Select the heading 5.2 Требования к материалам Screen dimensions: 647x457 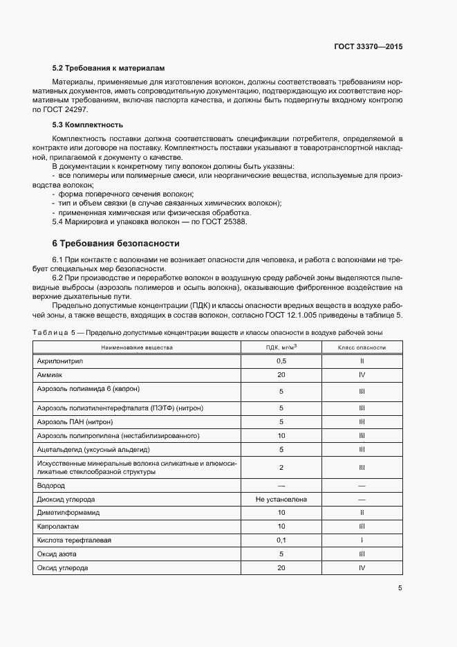click(110, 69)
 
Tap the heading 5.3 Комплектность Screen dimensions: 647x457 click(88, 125)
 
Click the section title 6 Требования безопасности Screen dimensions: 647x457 click(116, 244)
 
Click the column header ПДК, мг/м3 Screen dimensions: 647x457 click(281, 347)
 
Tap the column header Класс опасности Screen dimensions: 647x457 click(362, 347)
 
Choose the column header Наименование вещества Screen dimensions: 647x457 click(137, 347)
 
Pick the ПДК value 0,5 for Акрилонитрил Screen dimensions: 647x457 click(281, 361)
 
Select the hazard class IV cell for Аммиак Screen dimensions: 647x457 click(362, 374)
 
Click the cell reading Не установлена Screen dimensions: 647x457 click(281, 499)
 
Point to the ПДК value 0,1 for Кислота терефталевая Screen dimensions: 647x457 click(281, 540)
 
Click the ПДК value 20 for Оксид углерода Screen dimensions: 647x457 click(281, 567)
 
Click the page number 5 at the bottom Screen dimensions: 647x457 click(400, 588)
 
